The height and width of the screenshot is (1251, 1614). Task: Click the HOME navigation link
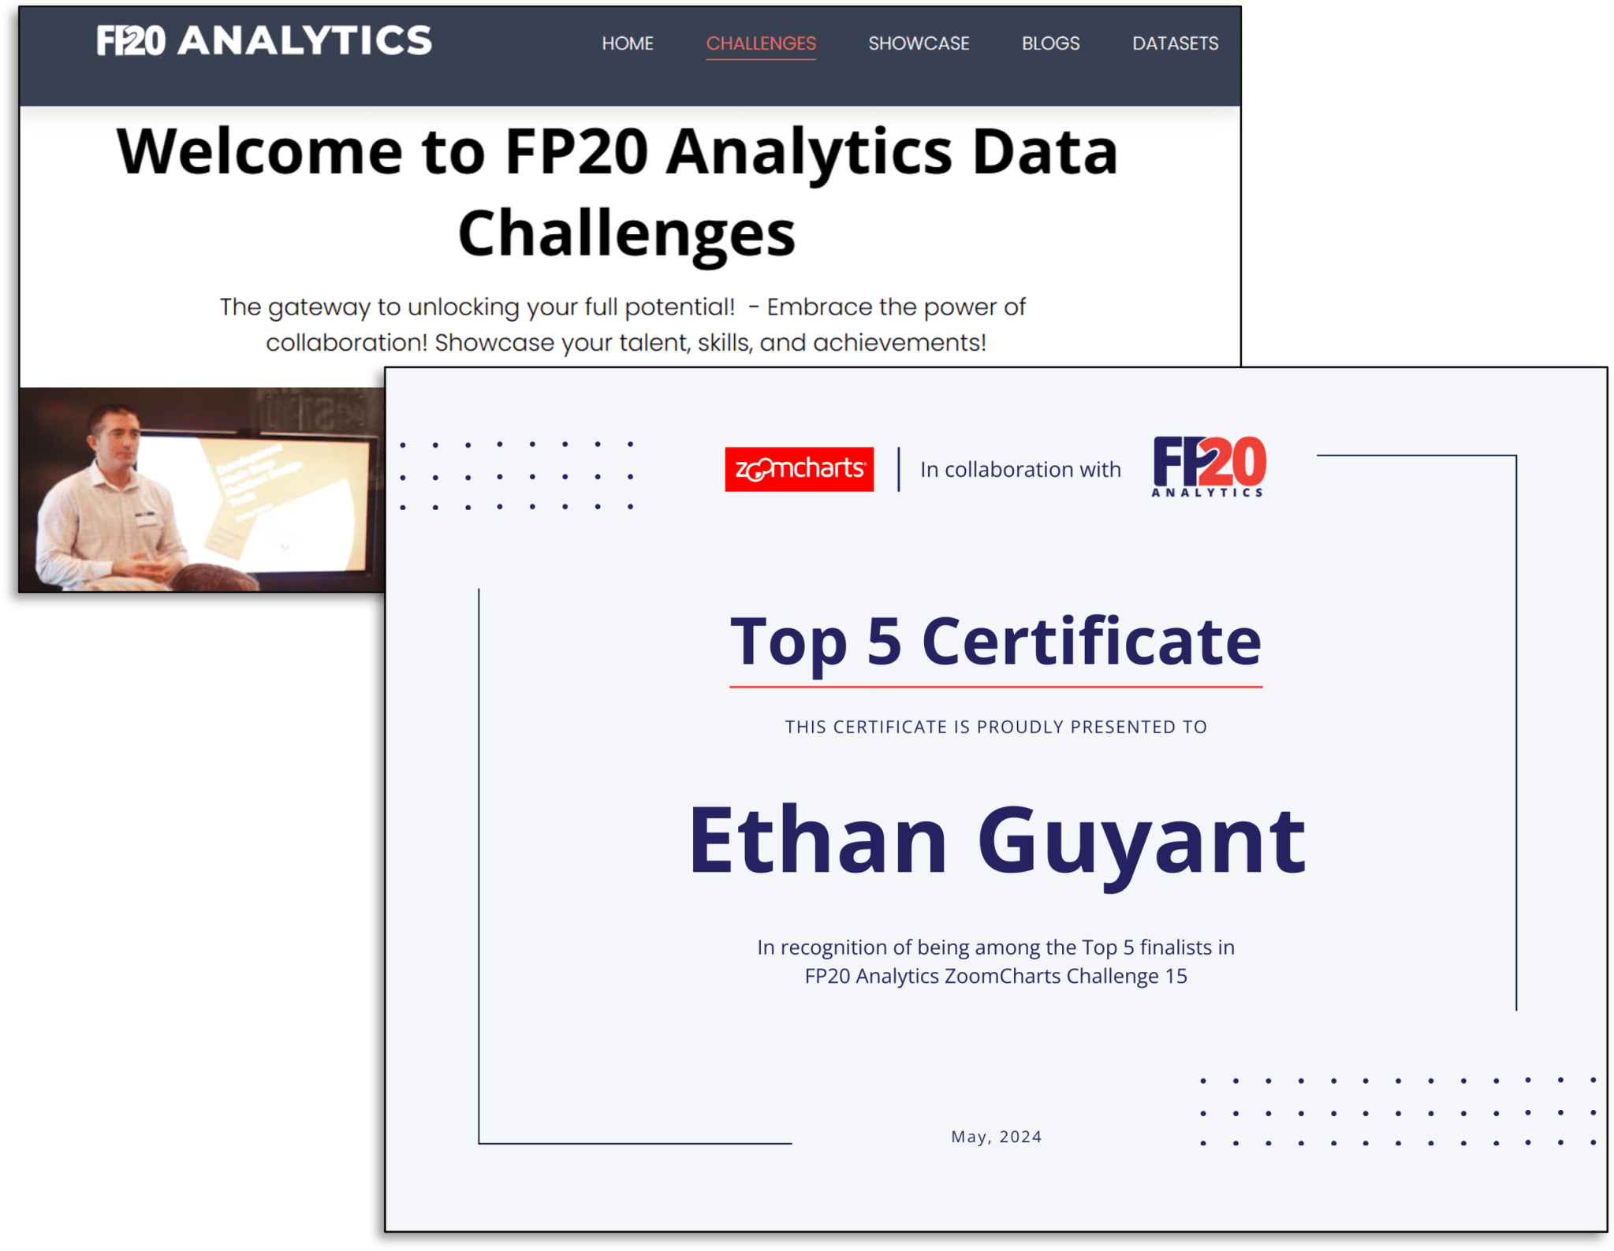(628, 43)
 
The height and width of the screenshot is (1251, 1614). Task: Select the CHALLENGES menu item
(761, 43)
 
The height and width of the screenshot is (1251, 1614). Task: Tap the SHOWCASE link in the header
(919, 43)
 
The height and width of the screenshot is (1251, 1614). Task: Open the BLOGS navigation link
(1050, 43)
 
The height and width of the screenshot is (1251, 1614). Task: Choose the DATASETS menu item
(1175, 43)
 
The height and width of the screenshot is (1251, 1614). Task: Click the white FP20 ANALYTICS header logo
(264, 41)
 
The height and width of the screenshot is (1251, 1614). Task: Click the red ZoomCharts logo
(799, 469)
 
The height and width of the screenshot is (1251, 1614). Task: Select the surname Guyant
(1141, 842)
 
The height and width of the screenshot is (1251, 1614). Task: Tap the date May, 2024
(996, 1136)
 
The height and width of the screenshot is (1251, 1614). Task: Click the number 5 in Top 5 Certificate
(883, 641)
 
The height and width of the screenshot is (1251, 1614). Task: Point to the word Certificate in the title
(1091, 641)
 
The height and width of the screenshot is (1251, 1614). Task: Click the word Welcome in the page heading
(259, 151)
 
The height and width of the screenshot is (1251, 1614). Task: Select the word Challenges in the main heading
(627, 233)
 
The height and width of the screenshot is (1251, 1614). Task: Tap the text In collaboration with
(1020, 470)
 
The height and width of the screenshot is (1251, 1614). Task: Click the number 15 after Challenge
(1176, 976)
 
